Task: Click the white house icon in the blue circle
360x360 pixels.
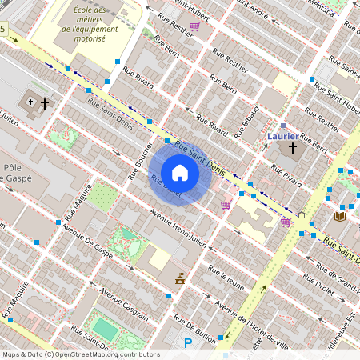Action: [x=180, y=173]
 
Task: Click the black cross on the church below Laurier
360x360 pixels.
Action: [x=293, y=148]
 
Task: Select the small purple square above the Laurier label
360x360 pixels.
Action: [x=282, y=126]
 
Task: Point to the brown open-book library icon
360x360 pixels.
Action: [x=340, y=216]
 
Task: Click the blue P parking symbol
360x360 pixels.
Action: [x=188, y=343]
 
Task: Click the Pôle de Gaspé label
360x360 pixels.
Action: [x=16, y=173]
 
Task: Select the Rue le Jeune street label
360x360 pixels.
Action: [x=226, y=277]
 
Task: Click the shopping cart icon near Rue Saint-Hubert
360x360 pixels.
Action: [x=194, y=26]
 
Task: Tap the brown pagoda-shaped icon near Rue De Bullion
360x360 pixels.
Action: [x=180, y=279]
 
